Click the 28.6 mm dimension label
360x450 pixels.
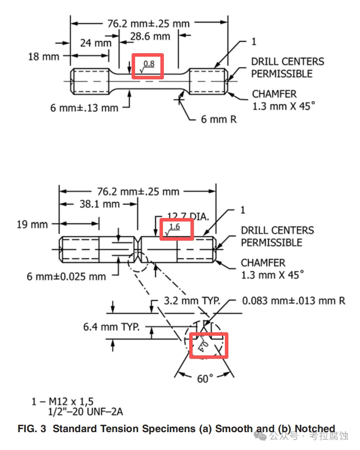pos(150,36)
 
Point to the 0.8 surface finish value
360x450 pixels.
pos(149,64)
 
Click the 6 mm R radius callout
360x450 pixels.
pos(219,119)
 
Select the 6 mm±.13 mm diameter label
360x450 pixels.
pos(84,107)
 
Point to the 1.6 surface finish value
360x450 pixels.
pos(174,227)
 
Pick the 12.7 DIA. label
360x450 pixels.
pos(188,216)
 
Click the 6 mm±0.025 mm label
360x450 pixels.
pos(66,276)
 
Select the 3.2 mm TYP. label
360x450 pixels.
pos(192,301)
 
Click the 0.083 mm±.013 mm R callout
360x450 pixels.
pos(293,301)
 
